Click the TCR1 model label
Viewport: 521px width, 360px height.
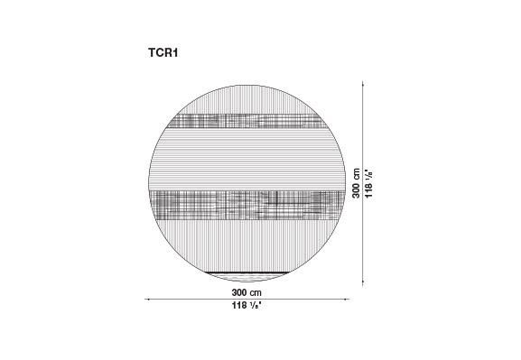coord(163,53)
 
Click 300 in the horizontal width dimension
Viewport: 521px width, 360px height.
coord(239,292)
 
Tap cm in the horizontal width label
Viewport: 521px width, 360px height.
coord(256,293)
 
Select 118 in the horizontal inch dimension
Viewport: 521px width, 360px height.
coord(239,305)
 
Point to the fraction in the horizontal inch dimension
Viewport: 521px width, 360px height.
coord(256,305)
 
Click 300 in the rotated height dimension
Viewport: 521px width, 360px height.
coord(356,190)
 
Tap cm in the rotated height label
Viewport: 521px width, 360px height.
coord(357,174)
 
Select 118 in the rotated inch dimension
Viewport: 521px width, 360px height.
coord(368,190)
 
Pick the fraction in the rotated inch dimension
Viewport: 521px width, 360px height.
coord(368,175)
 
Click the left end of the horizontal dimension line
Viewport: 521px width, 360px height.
coord(145,300)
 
